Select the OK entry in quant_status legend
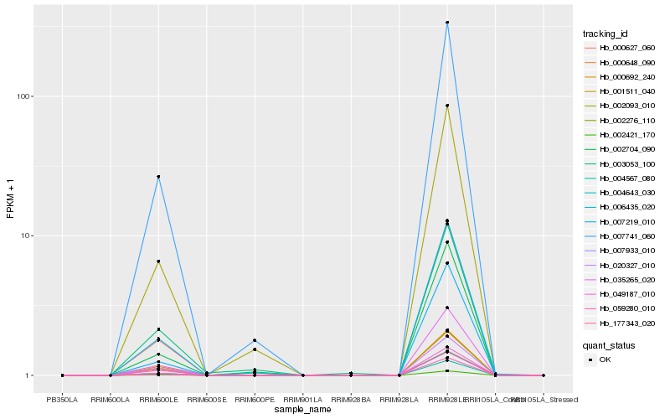(605, 360)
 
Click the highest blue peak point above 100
(447, 23)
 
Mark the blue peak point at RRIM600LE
(158, 177)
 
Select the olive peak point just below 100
(447, 106)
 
